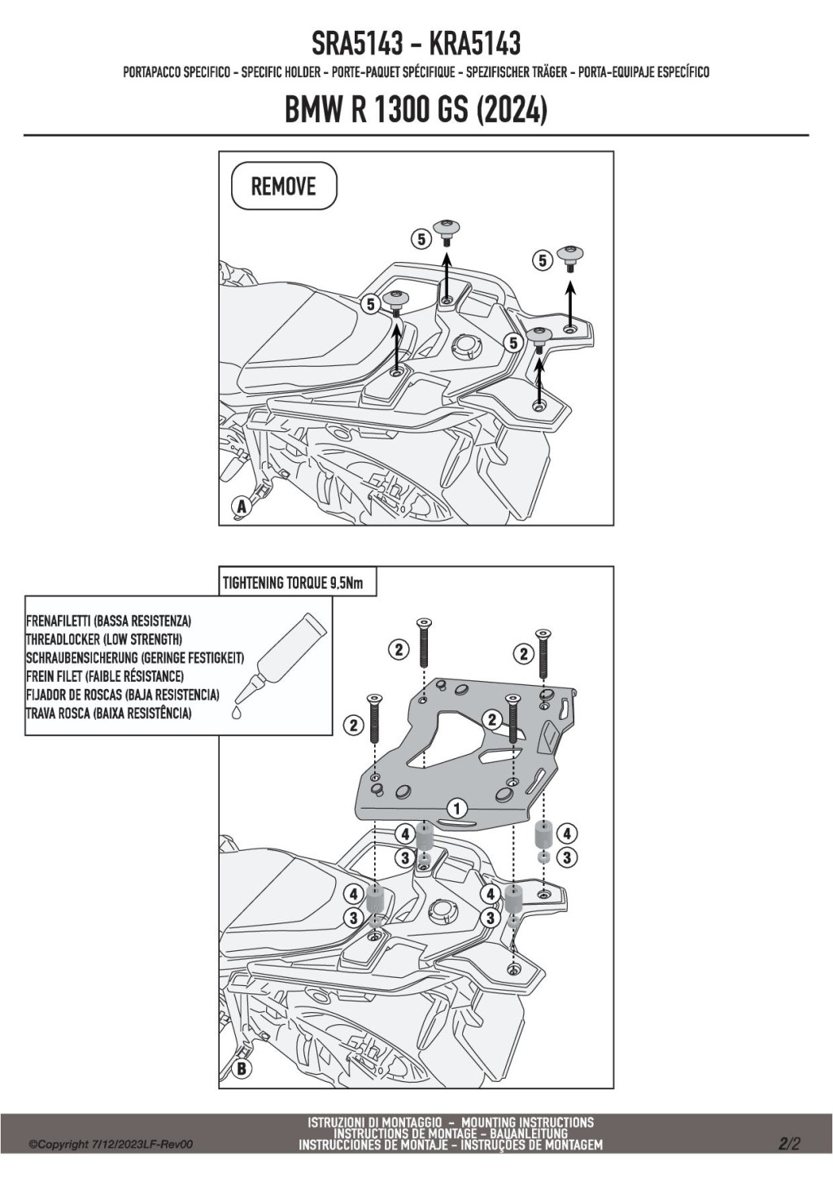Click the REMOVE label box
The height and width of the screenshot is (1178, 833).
pos(284,186)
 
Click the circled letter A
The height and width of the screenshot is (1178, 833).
pos(241,506)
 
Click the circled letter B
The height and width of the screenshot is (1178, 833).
pos(241,1068)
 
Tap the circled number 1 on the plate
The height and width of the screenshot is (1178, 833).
pos(457,809)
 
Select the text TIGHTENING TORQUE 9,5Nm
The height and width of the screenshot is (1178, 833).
pos(293,583)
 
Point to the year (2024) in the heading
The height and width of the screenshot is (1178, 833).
pos(511,110)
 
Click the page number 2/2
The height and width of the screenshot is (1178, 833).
pos(789,1144)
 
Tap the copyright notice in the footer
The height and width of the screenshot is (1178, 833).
pos(111,1145)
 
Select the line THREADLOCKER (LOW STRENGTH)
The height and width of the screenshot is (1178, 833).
pos(103,639)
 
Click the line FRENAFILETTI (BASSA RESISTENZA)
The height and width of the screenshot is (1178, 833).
pos(108,622)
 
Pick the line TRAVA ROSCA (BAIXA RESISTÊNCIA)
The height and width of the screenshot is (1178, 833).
pos(108,713)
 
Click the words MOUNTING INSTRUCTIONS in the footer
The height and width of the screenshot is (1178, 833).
pos(527,1123)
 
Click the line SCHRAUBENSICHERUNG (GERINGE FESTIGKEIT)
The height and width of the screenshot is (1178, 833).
pos(134,658)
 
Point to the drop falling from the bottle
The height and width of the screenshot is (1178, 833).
pos(236,712)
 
